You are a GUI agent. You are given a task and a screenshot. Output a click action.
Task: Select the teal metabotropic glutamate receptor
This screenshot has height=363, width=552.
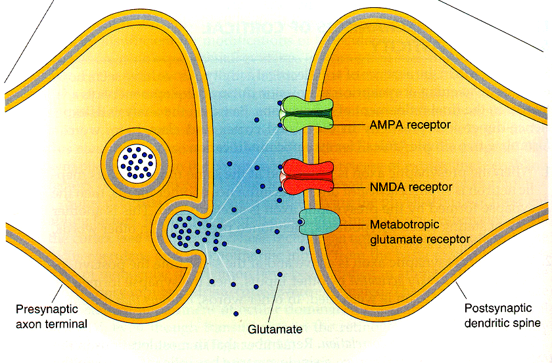[319, 223]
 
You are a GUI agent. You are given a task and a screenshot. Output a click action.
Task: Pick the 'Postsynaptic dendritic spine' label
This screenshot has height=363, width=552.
[501, 316]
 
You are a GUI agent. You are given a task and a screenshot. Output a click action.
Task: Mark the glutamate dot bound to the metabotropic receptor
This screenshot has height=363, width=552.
[301, 223]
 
